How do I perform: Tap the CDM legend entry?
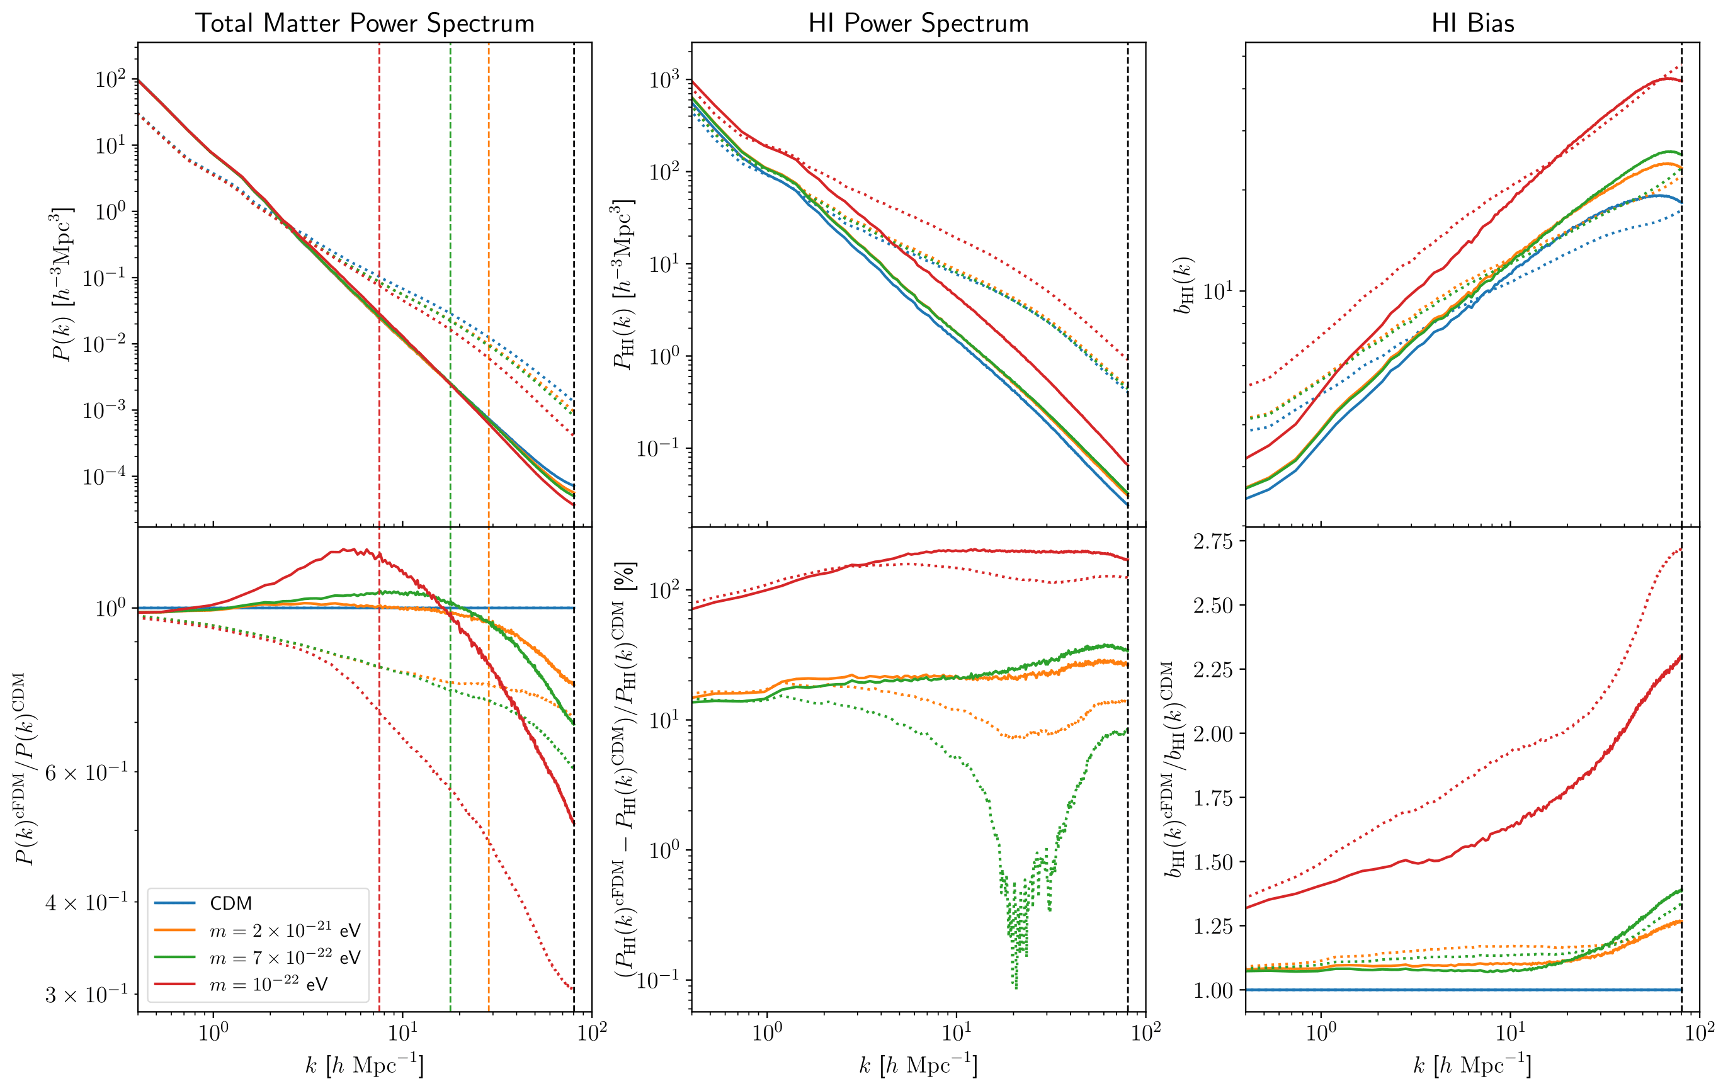point(230,903)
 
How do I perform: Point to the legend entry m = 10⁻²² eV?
point(268,984)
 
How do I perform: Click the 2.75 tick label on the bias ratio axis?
point(1214,541)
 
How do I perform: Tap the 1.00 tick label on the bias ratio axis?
point(1214,990)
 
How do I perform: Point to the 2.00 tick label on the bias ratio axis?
point(1214,734)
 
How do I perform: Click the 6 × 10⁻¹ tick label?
point(86,772)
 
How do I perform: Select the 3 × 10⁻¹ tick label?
point(86,994)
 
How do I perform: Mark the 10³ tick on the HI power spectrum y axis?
point(663,79)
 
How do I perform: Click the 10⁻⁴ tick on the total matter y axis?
point(105,477)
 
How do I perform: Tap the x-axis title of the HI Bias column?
point(1472,1065)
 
